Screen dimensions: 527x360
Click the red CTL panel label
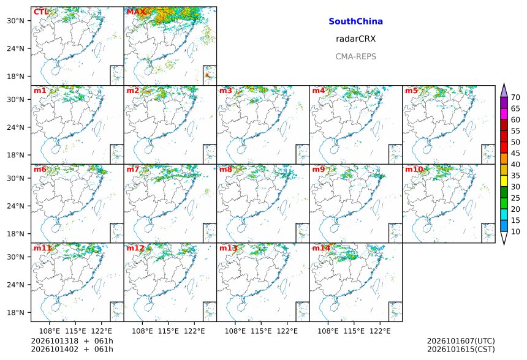pyautogui.click(x=41, y=12)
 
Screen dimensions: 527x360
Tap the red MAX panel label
pyautogui.click(x=136, y=12)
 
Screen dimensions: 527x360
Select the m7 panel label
pyautogui.click(x=133, y=169)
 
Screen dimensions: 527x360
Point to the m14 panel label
pyautogui.click(x=321, y=248)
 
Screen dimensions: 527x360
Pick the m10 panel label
pyautogui.click(x=414, y=169)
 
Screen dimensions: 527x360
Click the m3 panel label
pyautogui.click(x=226, y=91)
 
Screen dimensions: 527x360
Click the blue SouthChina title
pyautogui.click(x=355, y=21)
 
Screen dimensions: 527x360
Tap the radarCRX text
pyautogui.click(x=355, y=39)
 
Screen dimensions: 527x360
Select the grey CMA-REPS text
pyautogui.click(x=355, y=56)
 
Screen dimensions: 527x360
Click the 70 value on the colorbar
pyautogui.click(x=515, y=97)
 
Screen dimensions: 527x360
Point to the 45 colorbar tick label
pyautogui.click(x=515, y=153)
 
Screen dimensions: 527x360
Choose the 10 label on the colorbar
pyautogui.click(x=515, y=231)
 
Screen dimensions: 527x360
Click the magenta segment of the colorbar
pyautogui.click(x=504, y=114)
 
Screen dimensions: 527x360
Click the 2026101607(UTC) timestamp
pyautogui.click(x=461, y=341)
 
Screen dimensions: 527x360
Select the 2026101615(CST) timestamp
pyautogui.click(x=461, y=350)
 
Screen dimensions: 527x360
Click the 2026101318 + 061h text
pyautogui.click(x=72, y=341)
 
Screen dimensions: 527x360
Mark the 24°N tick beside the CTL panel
pyautogui.click(x=15, y=49)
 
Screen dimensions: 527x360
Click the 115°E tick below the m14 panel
pyautogui.click(x=354, y=331)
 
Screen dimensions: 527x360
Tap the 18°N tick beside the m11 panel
pyautogui.click(x=15, y=313)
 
